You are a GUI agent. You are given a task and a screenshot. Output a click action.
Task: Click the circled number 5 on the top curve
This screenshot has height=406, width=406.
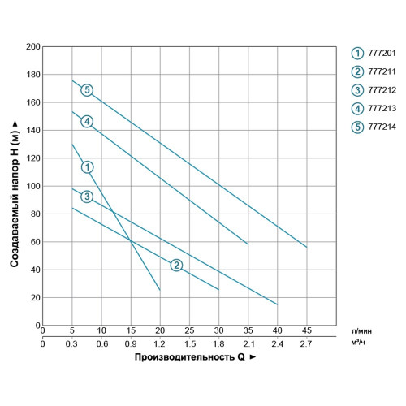tap(87, 90)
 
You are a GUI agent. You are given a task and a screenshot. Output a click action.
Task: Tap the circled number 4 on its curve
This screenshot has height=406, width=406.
tap(87, 122)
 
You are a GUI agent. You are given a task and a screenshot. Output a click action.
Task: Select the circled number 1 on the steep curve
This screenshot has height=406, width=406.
tap(87, 166)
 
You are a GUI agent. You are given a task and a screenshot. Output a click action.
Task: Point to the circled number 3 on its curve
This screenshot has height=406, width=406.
tap(87, 197)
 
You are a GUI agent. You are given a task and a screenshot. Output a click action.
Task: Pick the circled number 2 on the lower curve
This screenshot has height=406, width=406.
tap(176, 266)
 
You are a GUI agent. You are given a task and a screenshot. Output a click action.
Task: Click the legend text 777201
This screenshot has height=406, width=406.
tap(382, 52)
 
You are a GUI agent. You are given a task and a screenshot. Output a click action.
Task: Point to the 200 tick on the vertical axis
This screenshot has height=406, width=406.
tap(34, 47)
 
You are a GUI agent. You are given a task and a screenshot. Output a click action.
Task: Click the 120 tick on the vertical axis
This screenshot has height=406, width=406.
tap(34, 158)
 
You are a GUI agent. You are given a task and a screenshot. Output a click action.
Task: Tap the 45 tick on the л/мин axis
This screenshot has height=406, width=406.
tap(306, 330)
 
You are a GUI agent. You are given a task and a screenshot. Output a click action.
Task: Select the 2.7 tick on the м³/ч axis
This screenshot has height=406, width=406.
tap(306, 343)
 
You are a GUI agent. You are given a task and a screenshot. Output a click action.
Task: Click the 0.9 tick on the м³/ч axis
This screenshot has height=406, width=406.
tap(131, 343)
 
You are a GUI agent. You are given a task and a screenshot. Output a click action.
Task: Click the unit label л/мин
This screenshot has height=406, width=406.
tap(363, 331)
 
